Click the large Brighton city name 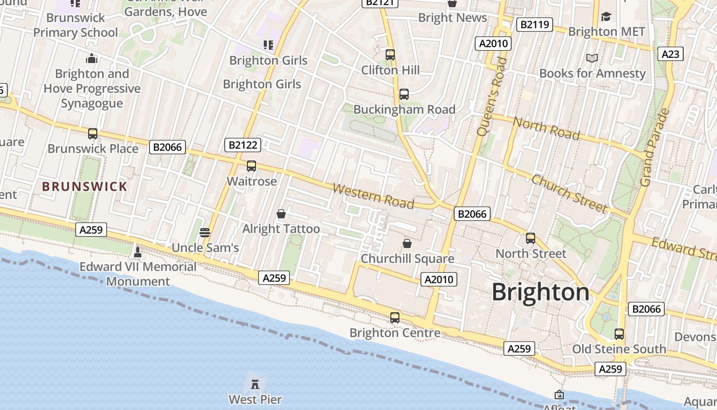540,292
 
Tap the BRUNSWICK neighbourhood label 85,187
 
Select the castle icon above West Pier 255,383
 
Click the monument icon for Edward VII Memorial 137,252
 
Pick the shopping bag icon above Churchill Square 407,243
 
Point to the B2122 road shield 243,145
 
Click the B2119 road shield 534,24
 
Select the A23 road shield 670,54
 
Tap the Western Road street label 373,196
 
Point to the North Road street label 546,128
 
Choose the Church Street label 569,193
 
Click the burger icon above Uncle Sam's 205,233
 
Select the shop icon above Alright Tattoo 281,214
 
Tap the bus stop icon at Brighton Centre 394,318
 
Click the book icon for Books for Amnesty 592,58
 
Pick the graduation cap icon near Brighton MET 606,16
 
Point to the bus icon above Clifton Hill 390,54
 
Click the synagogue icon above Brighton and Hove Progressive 92,58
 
